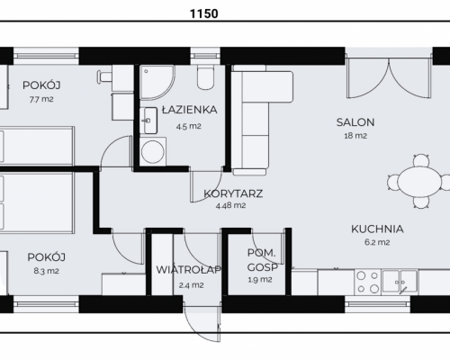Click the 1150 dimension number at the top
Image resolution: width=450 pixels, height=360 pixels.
click(x=204, y=13)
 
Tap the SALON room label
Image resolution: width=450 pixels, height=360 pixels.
click(x=355, y=122)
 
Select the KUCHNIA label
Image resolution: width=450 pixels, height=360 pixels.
click(x=377, y=229)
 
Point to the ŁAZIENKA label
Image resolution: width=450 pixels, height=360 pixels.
click(x=189, y=110)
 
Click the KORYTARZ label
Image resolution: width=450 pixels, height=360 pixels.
click(x=233, y=193)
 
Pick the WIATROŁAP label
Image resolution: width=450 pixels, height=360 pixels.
click(x=189, y=270)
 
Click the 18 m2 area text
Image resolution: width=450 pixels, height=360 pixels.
click(x=355, y=136)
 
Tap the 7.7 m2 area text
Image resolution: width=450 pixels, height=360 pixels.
click(x=41, y=99)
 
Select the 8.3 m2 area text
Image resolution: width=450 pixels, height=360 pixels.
click(x=46, y=271)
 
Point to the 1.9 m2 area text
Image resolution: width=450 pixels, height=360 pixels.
click(x=260, y=280)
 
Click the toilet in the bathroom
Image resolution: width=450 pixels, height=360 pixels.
click(x=205, y=77)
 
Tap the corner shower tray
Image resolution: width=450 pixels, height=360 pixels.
click(x=157, y=82)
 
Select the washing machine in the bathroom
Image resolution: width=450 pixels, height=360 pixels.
click(x=153, y=151)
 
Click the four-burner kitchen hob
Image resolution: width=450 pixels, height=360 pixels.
click(x=368, y=282)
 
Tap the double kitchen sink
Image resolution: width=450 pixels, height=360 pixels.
click(x=400, y=282)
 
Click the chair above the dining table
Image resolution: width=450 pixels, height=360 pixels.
click(x=421, y=160)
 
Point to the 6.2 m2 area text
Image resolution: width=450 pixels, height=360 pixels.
click(x=377, y=242)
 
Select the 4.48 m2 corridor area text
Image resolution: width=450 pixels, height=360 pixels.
click(x=230, y=205)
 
